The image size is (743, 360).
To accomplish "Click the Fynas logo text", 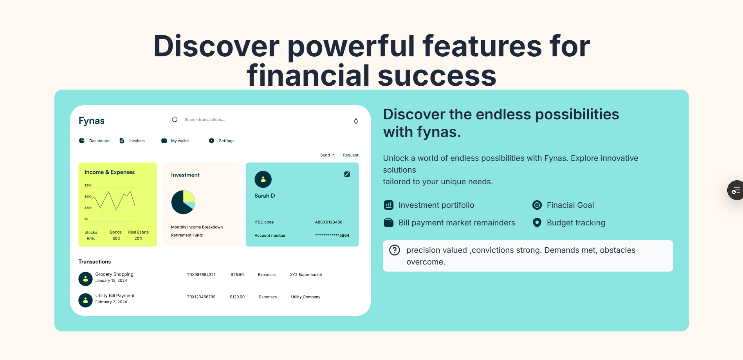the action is click(92, 121).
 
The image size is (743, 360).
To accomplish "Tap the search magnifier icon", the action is click(175, 120).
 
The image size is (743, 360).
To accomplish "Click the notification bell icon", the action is click(356, 121).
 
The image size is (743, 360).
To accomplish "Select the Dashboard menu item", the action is click(94, 141).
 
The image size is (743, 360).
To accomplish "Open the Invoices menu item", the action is click(132, 141).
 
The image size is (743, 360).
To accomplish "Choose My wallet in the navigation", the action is click(175, 141).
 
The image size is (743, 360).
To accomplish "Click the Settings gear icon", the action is click(211, 140).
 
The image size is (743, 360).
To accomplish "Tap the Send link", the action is click(327, 155).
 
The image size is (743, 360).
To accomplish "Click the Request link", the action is click(351, 155).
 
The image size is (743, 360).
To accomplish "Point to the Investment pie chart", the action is click(183, 202).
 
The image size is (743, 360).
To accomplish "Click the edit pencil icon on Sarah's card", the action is click(347, 174).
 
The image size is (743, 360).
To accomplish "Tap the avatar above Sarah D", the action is click(263, 180).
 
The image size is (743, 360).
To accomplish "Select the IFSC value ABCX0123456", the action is click(329, 222).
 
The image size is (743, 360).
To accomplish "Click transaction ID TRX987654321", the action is click(201, 275).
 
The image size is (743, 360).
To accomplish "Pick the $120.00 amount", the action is click(237, 297).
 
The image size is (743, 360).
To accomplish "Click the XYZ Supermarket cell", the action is click(306, 275).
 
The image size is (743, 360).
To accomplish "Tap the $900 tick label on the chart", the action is click(88, 185).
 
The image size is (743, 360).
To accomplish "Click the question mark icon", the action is click(395, 250).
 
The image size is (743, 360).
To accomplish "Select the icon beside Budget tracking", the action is click(537, 223).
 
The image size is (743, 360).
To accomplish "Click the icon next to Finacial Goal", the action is click(537, 205).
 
